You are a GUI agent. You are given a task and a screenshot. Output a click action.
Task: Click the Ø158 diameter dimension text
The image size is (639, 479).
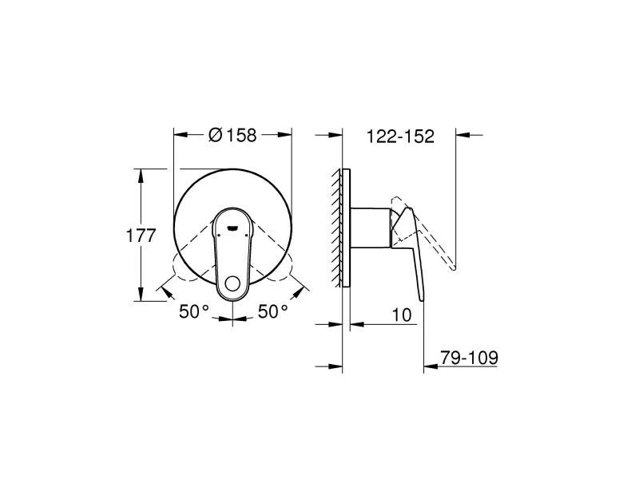pyautogui.click(x=232, y=135)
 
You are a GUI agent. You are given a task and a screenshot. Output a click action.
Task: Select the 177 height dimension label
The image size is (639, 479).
pyautogui.click(x=141, y=236)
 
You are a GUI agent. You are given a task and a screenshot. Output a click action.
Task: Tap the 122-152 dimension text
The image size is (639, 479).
pyautogui.click(x=401, y=137)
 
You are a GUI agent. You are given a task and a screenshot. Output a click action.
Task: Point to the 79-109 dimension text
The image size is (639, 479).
pyautogui.click(x=469, y=358)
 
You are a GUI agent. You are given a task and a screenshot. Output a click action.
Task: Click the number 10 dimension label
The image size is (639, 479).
pyautogui.click(x=402, y=315)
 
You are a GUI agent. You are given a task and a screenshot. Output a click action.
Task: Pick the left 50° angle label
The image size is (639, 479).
pyautogui.click(x=194, y=312)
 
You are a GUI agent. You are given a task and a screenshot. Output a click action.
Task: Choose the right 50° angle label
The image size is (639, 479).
pyautogui.click(x=273, y=312)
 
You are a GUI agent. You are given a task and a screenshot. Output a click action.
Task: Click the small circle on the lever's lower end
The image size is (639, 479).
pyautogui.click(x=233, y=284)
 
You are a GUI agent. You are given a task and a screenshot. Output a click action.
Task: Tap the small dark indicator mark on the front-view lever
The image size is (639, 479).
pyautogui.click(x=232, y=228)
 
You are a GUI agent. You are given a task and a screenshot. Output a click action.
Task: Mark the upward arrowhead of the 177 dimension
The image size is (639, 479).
pyautogui.click(x=141, y=176)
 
